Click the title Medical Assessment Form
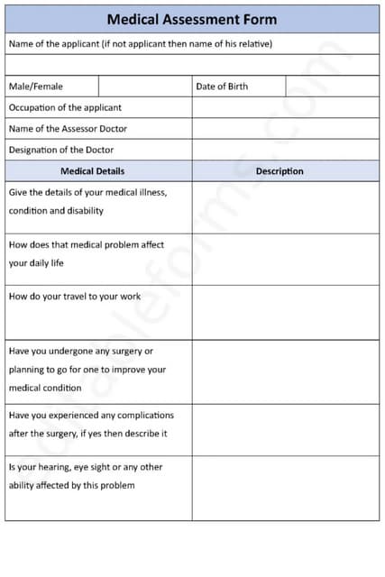coord(192,19)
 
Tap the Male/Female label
coord(36,87)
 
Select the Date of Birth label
coord(221,87)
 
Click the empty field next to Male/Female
coord(144,87)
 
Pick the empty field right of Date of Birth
coord(332,87)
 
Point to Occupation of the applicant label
coord(65,107)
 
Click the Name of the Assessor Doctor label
coord(68,129)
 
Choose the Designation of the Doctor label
coord(61,150)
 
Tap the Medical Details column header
coord(92,171)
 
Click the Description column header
coord(280,171)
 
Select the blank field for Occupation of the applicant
coord(285,107)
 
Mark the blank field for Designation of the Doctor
coord(285,150)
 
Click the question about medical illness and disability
coord(87,201)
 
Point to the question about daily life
coord(86,254)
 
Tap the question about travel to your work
coord(75,297)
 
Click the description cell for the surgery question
coord(285,371)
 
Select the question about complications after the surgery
coord(91,425)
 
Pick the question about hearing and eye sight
coord(86,476)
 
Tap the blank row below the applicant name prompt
coord(192,65)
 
